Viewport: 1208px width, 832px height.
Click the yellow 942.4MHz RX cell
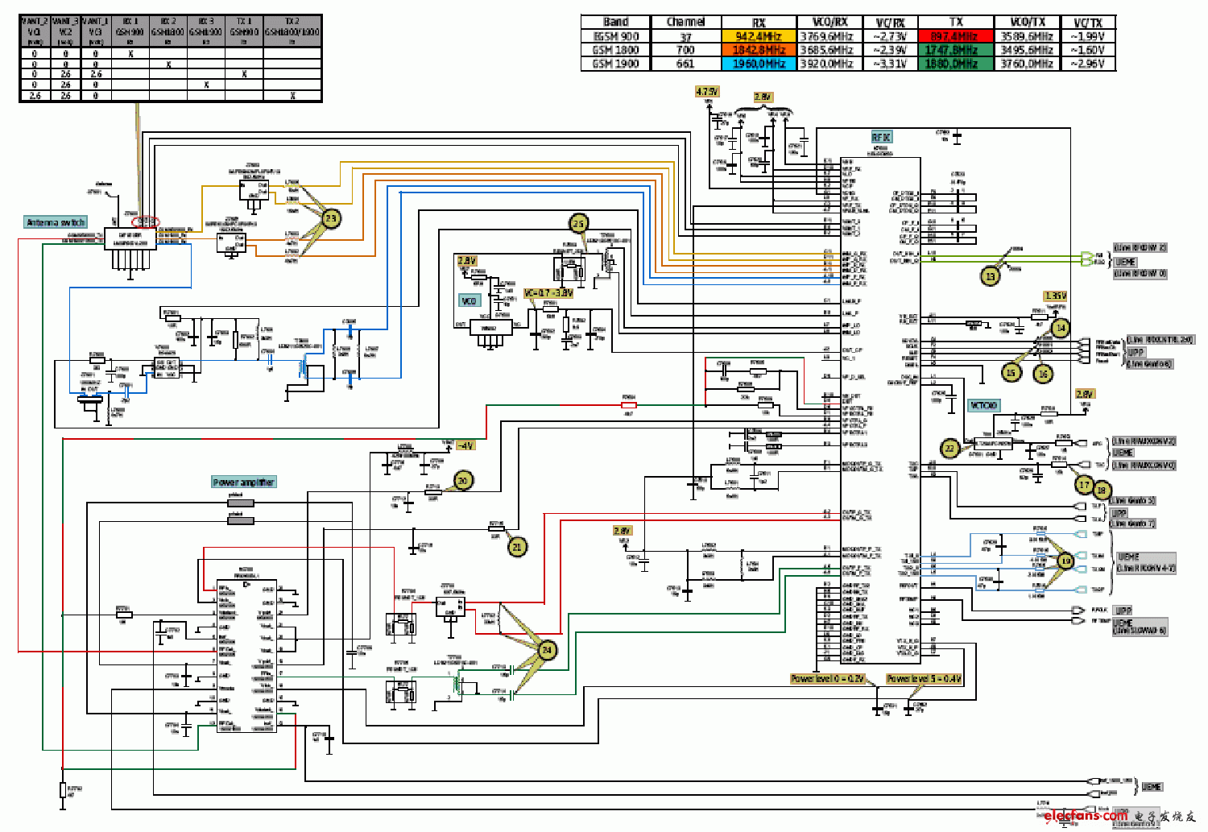(758, 36)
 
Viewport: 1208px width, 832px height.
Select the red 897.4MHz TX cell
(955, 36)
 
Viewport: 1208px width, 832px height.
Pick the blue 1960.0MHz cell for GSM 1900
(758, 64)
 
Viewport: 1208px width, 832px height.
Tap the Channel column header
(685, 23)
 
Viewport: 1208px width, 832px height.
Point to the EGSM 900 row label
(616, 36)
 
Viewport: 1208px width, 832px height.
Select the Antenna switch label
(56, 222)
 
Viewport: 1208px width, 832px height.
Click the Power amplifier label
(244, 482)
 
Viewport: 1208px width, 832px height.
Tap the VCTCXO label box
(983, 405)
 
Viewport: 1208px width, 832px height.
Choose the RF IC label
(881, 138)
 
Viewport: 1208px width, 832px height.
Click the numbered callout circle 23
(331, 218)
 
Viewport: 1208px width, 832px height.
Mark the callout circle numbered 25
(578, 224)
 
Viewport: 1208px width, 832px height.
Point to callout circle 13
(990, 276)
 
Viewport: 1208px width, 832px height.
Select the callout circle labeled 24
(547, 649)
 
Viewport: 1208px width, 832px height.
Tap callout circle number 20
(463, 481)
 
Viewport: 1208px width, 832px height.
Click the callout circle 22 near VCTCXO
(950, 449)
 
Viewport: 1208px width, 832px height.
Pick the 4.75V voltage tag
(707, 92)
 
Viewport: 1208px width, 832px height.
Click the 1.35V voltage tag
(1055, 296)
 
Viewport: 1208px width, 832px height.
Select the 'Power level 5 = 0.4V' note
(924, 679)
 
